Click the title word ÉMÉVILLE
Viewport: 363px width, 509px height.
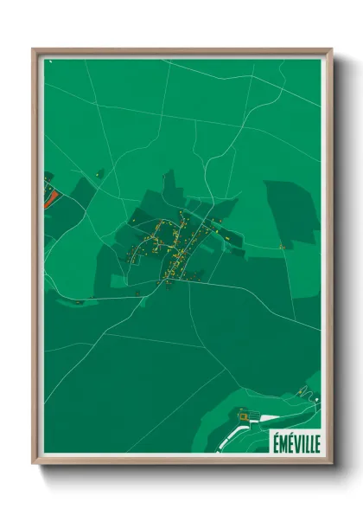(296, 441)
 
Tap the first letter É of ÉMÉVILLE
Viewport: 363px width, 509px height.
(275, 441)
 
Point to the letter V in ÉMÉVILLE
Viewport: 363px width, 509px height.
(296, 441)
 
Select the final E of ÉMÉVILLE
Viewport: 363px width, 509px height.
(316, 441)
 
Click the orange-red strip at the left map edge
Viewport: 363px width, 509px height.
(48, 198)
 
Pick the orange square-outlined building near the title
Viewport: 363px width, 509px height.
(244, 418)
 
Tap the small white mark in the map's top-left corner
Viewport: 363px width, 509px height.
(51, 62)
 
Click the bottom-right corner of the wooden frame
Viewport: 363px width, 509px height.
(331, 463)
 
